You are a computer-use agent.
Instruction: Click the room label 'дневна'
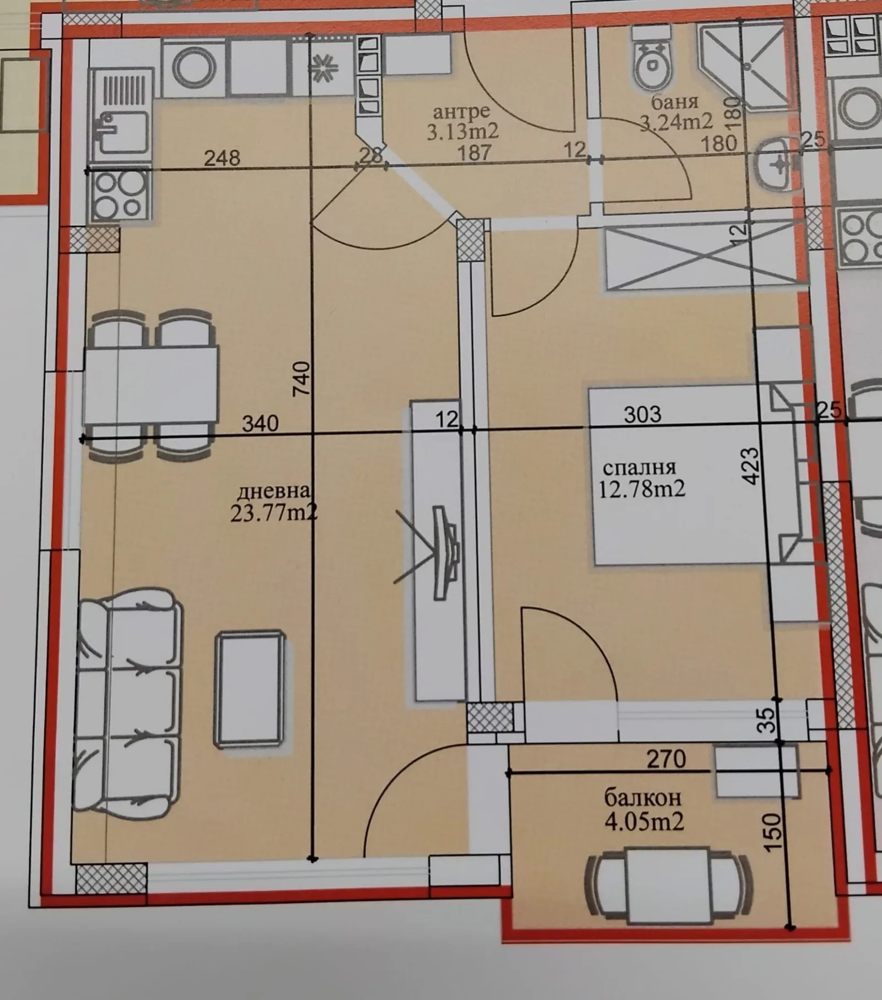274,490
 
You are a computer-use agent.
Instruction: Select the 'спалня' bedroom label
639,468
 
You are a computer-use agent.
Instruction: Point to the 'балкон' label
643,798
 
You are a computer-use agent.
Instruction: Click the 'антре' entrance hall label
461,112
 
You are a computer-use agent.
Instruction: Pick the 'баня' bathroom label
675,102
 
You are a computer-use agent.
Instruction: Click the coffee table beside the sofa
250,690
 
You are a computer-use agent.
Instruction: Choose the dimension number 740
302,378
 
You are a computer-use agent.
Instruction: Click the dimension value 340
261,423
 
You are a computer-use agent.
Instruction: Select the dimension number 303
642,414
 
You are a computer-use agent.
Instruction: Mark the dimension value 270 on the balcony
666,759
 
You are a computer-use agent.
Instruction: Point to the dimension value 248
222,158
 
